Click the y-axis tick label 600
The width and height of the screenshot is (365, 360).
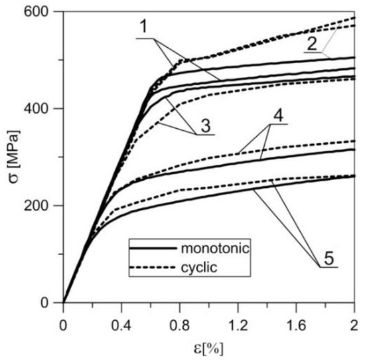click(x=42, y=11)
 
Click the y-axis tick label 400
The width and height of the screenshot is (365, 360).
click(x=42, y=108)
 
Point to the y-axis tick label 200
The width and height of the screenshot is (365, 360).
click(x=42, y=205)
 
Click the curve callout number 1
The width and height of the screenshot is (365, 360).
click(x=143, y=29)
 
